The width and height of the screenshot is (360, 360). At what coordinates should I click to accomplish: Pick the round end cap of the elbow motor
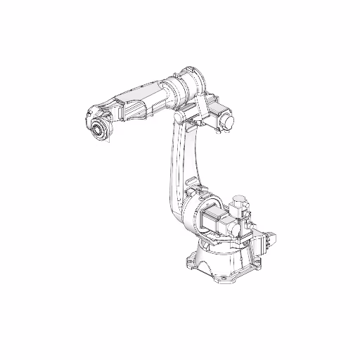(228, 122)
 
